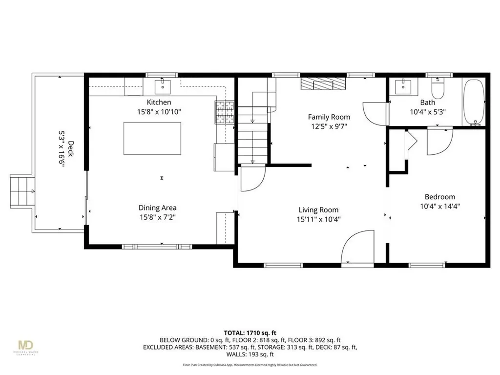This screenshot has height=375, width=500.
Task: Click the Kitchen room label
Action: (x=159, y=102)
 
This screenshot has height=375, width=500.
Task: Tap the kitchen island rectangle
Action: (x=152, y=138)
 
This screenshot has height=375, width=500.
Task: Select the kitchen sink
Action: (x=163, y=87)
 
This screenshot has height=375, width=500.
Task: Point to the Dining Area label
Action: (x=157, y=208)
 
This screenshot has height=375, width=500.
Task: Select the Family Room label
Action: (x=329, y=117)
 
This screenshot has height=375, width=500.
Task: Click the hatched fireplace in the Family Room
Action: (x=322, y=84)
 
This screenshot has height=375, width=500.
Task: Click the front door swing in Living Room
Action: (x=356, y=249)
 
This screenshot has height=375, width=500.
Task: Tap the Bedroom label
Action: (x=439, y=196)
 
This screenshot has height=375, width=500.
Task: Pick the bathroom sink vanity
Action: (x=404, y=87)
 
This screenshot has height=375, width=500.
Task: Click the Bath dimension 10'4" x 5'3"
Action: (x=427, y=111)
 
